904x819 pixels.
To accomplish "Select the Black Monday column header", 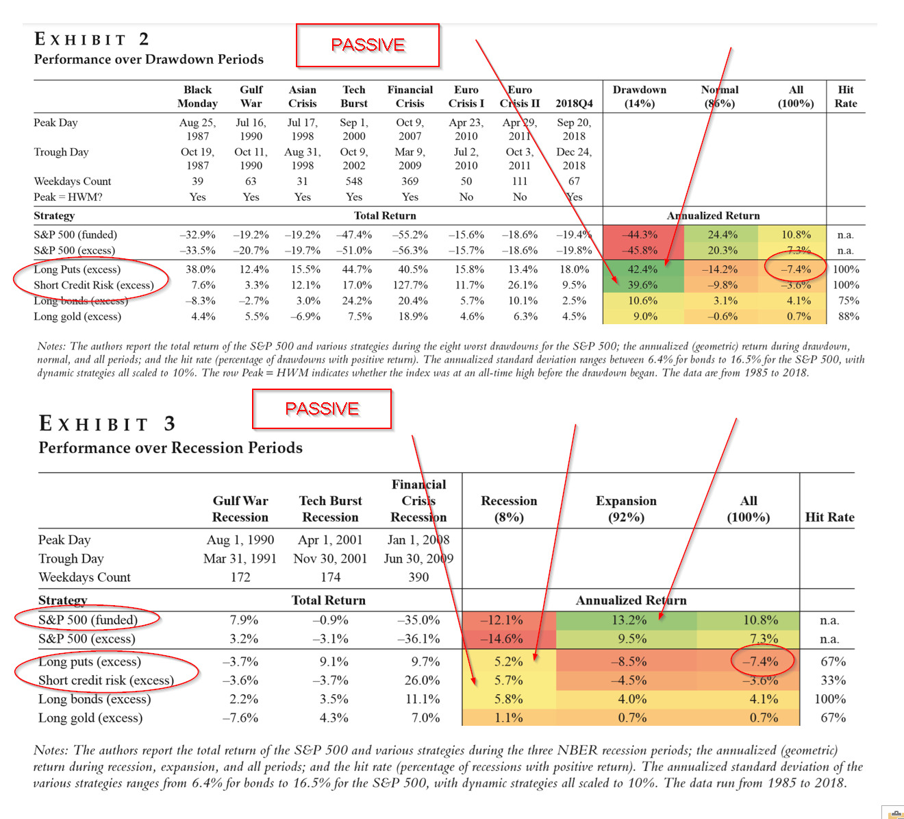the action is pyautogui.click(x=197, y=97).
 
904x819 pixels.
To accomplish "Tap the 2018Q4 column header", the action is pyautogui.click(x=574, y=103).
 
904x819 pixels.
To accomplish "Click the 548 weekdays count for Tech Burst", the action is pyautogui.click(x=354, y=182).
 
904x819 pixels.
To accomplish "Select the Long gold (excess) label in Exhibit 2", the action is pyautogui.click(x=77, y=317).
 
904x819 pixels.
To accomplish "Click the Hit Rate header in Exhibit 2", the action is pyautogui.click(x=845, y=97).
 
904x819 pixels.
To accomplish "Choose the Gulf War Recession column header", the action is pyautogui.click(x=240, y=509).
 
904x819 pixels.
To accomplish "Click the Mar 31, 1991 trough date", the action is pyautogui.click(x=240, y=559).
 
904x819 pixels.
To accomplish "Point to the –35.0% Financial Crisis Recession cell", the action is pyautogui.click(x=418, y=620).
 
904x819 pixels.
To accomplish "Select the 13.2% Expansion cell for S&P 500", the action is pyautogui.click(x=629, y=620).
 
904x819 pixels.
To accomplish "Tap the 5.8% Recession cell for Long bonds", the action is pyautogui.click(x=508, y=699).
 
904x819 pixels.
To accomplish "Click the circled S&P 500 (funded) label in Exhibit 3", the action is pyautogui.click(x=88, y=620).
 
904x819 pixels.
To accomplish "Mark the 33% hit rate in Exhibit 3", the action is pyautogui.click(x=833, y=680).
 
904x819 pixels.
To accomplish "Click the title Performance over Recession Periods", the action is pyautogui.click(x=171, y=448).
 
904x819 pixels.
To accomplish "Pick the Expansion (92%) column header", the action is pyautogui.click(x=626, y=509).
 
